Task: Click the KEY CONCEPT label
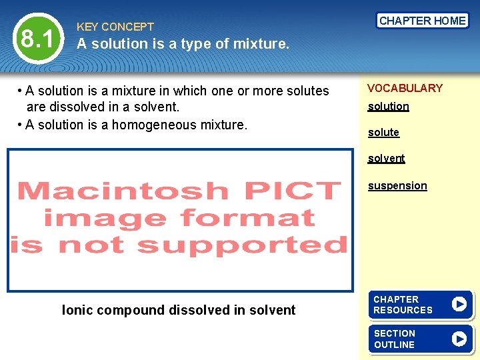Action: tap(115, 27)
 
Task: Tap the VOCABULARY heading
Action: tap(405, 88)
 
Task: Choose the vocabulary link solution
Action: tap(389, 106)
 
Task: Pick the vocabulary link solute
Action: tap(383, 132)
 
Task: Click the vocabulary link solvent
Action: tap(386, 158)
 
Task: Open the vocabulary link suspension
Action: tap(397, 185)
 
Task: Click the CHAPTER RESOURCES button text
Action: tap(403, 305)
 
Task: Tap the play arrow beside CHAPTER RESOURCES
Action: tap(459, 304)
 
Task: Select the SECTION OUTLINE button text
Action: tap(394, 339)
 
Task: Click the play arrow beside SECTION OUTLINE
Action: tap(459, 339)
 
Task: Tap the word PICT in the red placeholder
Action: tap(292, 191)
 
